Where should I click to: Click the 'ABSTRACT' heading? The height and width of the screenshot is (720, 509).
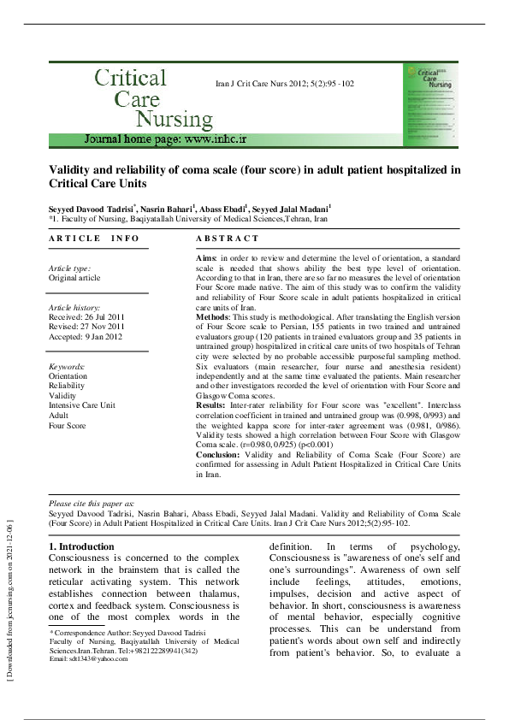[228, 239]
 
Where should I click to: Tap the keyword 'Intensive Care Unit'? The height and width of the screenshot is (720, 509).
[85, 405]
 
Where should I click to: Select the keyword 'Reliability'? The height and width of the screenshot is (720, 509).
[67, 386]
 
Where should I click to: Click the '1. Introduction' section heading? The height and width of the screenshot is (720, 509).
[81, 546]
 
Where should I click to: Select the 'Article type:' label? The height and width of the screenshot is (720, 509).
[69, 269]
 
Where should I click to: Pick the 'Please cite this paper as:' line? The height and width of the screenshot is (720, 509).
[92, 504]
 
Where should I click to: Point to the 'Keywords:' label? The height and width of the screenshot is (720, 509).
[67, 367]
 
